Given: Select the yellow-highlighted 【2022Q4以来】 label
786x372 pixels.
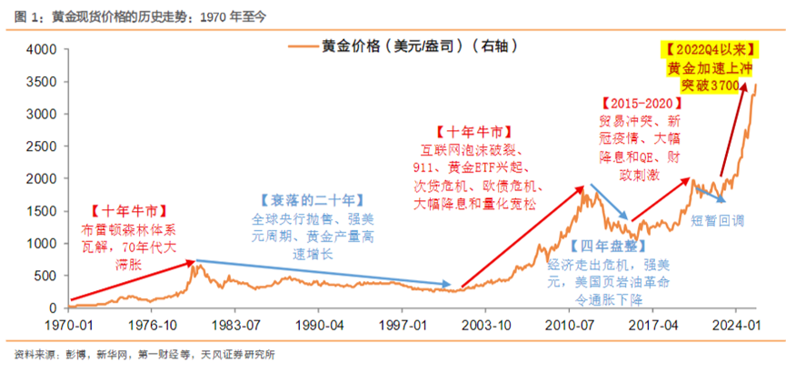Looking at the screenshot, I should click(703, 49).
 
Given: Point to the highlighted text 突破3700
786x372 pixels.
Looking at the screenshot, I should click(705, 85).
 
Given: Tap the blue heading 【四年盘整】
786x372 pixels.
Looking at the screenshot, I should click(601, 246).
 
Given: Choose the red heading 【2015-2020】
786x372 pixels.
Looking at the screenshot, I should click(639, 103).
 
